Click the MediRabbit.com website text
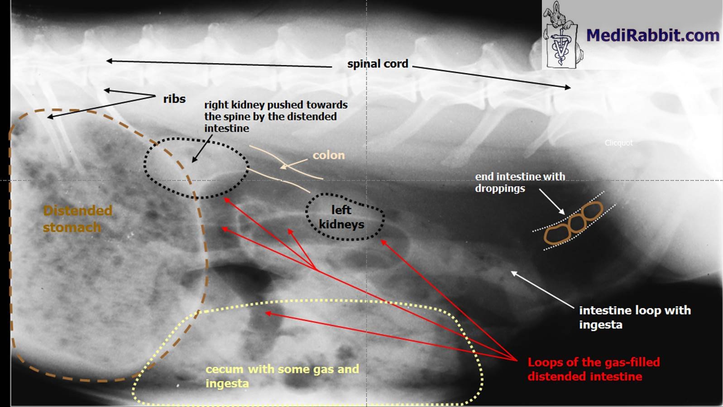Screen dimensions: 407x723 click(652, 35)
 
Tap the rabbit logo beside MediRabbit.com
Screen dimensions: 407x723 click(562, 35)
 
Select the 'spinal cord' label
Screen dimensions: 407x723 click(378, 64)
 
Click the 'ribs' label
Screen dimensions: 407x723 click(174, 99)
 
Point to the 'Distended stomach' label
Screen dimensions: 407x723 click(77, 219)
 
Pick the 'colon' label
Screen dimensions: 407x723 click(329, 155)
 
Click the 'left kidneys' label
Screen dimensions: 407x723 click(341, 217)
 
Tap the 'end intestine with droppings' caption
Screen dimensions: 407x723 click(520, 182)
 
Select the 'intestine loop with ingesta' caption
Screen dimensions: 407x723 click(635, 317)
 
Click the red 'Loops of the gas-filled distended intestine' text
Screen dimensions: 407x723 click(593, 369)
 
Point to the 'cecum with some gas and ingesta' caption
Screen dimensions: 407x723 click(282, 376)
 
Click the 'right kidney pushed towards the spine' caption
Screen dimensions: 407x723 click(275, 116)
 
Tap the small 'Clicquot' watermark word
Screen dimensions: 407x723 click(618, 143)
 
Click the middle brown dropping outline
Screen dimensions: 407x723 click(576, 223)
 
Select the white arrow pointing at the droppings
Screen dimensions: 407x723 click(552, 202)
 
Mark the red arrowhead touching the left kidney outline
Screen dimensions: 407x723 click(383, 242)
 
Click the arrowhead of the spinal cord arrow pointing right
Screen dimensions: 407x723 click(568, 87)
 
